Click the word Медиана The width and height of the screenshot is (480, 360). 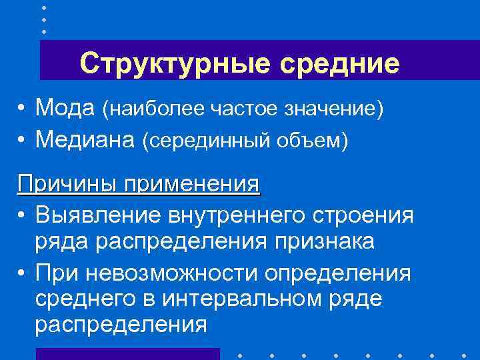click(x=85, y=139)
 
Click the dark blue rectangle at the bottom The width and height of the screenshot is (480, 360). click(x=127, y=353)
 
